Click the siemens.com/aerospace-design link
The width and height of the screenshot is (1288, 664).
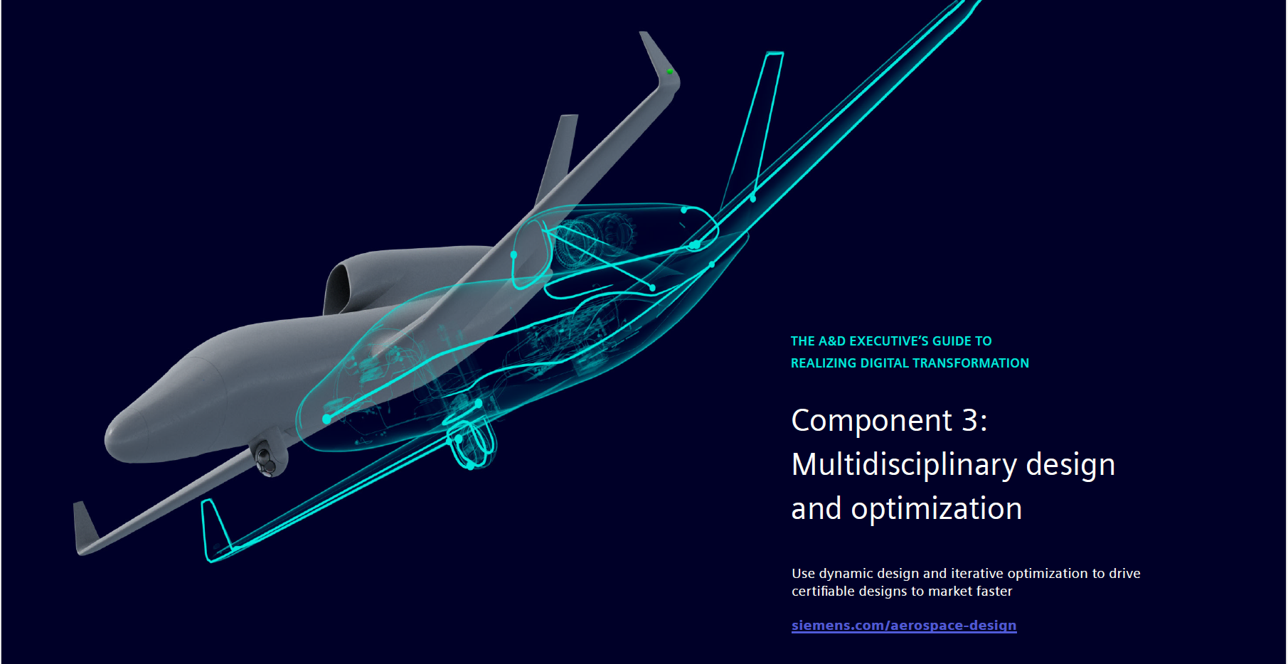tap(904, 626)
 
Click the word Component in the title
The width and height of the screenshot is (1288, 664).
tap(872, 421)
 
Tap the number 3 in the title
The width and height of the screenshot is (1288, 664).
tap(970, 420)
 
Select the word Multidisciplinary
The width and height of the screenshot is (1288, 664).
tap(905, 465)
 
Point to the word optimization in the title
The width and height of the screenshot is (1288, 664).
tap(937, 509)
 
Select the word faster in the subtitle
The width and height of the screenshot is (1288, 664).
tap(991, 591)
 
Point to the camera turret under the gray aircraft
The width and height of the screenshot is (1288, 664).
tap(268, 459)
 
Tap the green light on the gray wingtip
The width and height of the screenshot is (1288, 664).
tap(669, 71)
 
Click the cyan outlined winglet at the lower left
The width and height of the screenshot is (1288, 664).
tap(215, 530)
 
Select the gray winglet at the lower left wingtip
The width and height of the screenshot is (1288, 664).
tap(84, 526)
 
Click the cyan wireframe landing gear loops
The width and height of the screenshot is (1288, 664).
tap(471, 444)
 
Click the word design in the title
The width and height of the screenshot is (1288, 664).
tap(1070, 465)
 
